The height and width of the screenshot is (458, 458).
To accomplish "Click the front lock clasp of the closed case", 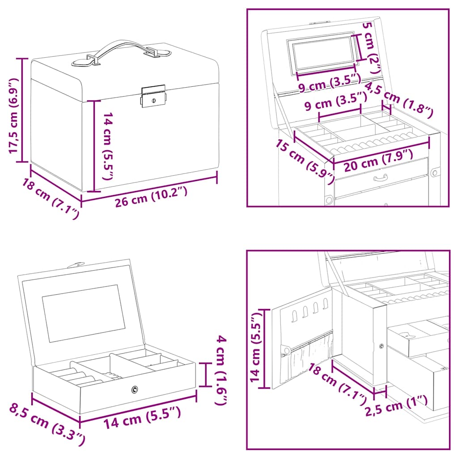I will [x=153, y=97].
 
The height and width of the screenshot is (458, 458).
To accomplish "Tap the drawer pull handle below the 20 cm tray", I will [x=380, y=179].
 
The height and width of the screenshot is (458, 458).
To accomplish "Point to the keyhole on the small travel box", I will [x=134, y=390].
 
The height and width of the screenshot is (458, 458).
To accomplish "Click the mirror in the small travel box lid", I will [x=84, y=313].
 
